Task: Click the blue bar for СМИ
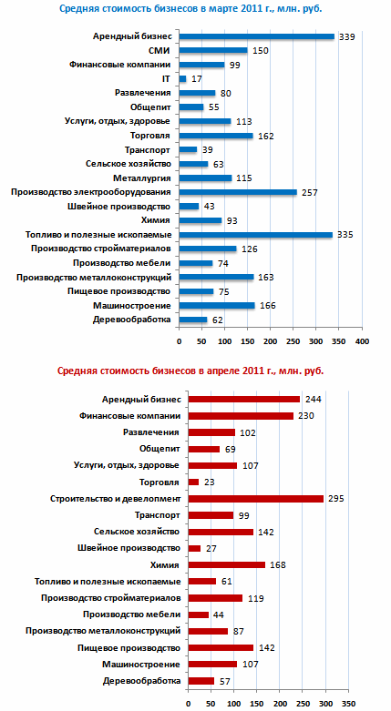[213, 50]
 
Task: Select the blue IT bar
[183, 79]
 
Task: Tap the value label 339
[346, 36]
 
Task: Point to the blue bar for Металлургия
[206, 178]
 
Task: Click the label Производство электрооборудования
[91, 192]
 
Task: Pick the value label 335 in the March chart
[345, 235]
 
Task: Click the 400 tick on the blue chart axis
[363, 341]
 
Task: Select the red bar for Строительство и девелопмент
[256, 499]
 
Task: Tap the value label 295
[336, 499]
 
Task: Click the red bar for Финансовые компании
[241, 416]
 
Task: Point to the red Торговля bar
[193, 482]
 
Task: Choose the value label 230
[306, 416]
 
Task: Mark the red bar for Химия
[227, 565]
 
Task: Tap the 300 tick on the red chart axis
[325, 704]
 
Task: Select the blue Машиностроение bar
[217, 306]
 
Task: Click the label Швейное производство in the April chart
[129, 548]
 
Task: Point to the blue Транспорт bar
[189, 149]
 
